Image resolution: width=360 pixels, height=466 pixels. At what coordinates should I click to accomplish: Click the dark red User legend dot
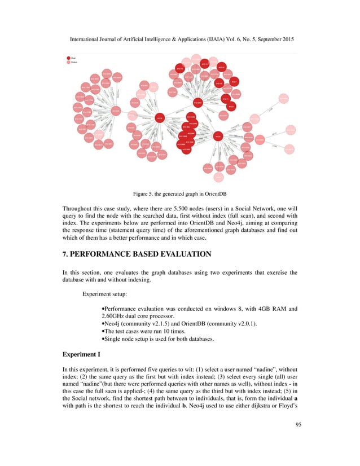click(69, 58)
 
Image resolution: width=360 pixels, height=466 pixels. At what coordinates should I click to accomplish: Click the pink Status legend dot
click(69, 63)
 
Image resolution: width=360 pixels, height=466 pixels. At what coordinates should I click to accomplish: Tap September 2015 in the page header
click(272, 40)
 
